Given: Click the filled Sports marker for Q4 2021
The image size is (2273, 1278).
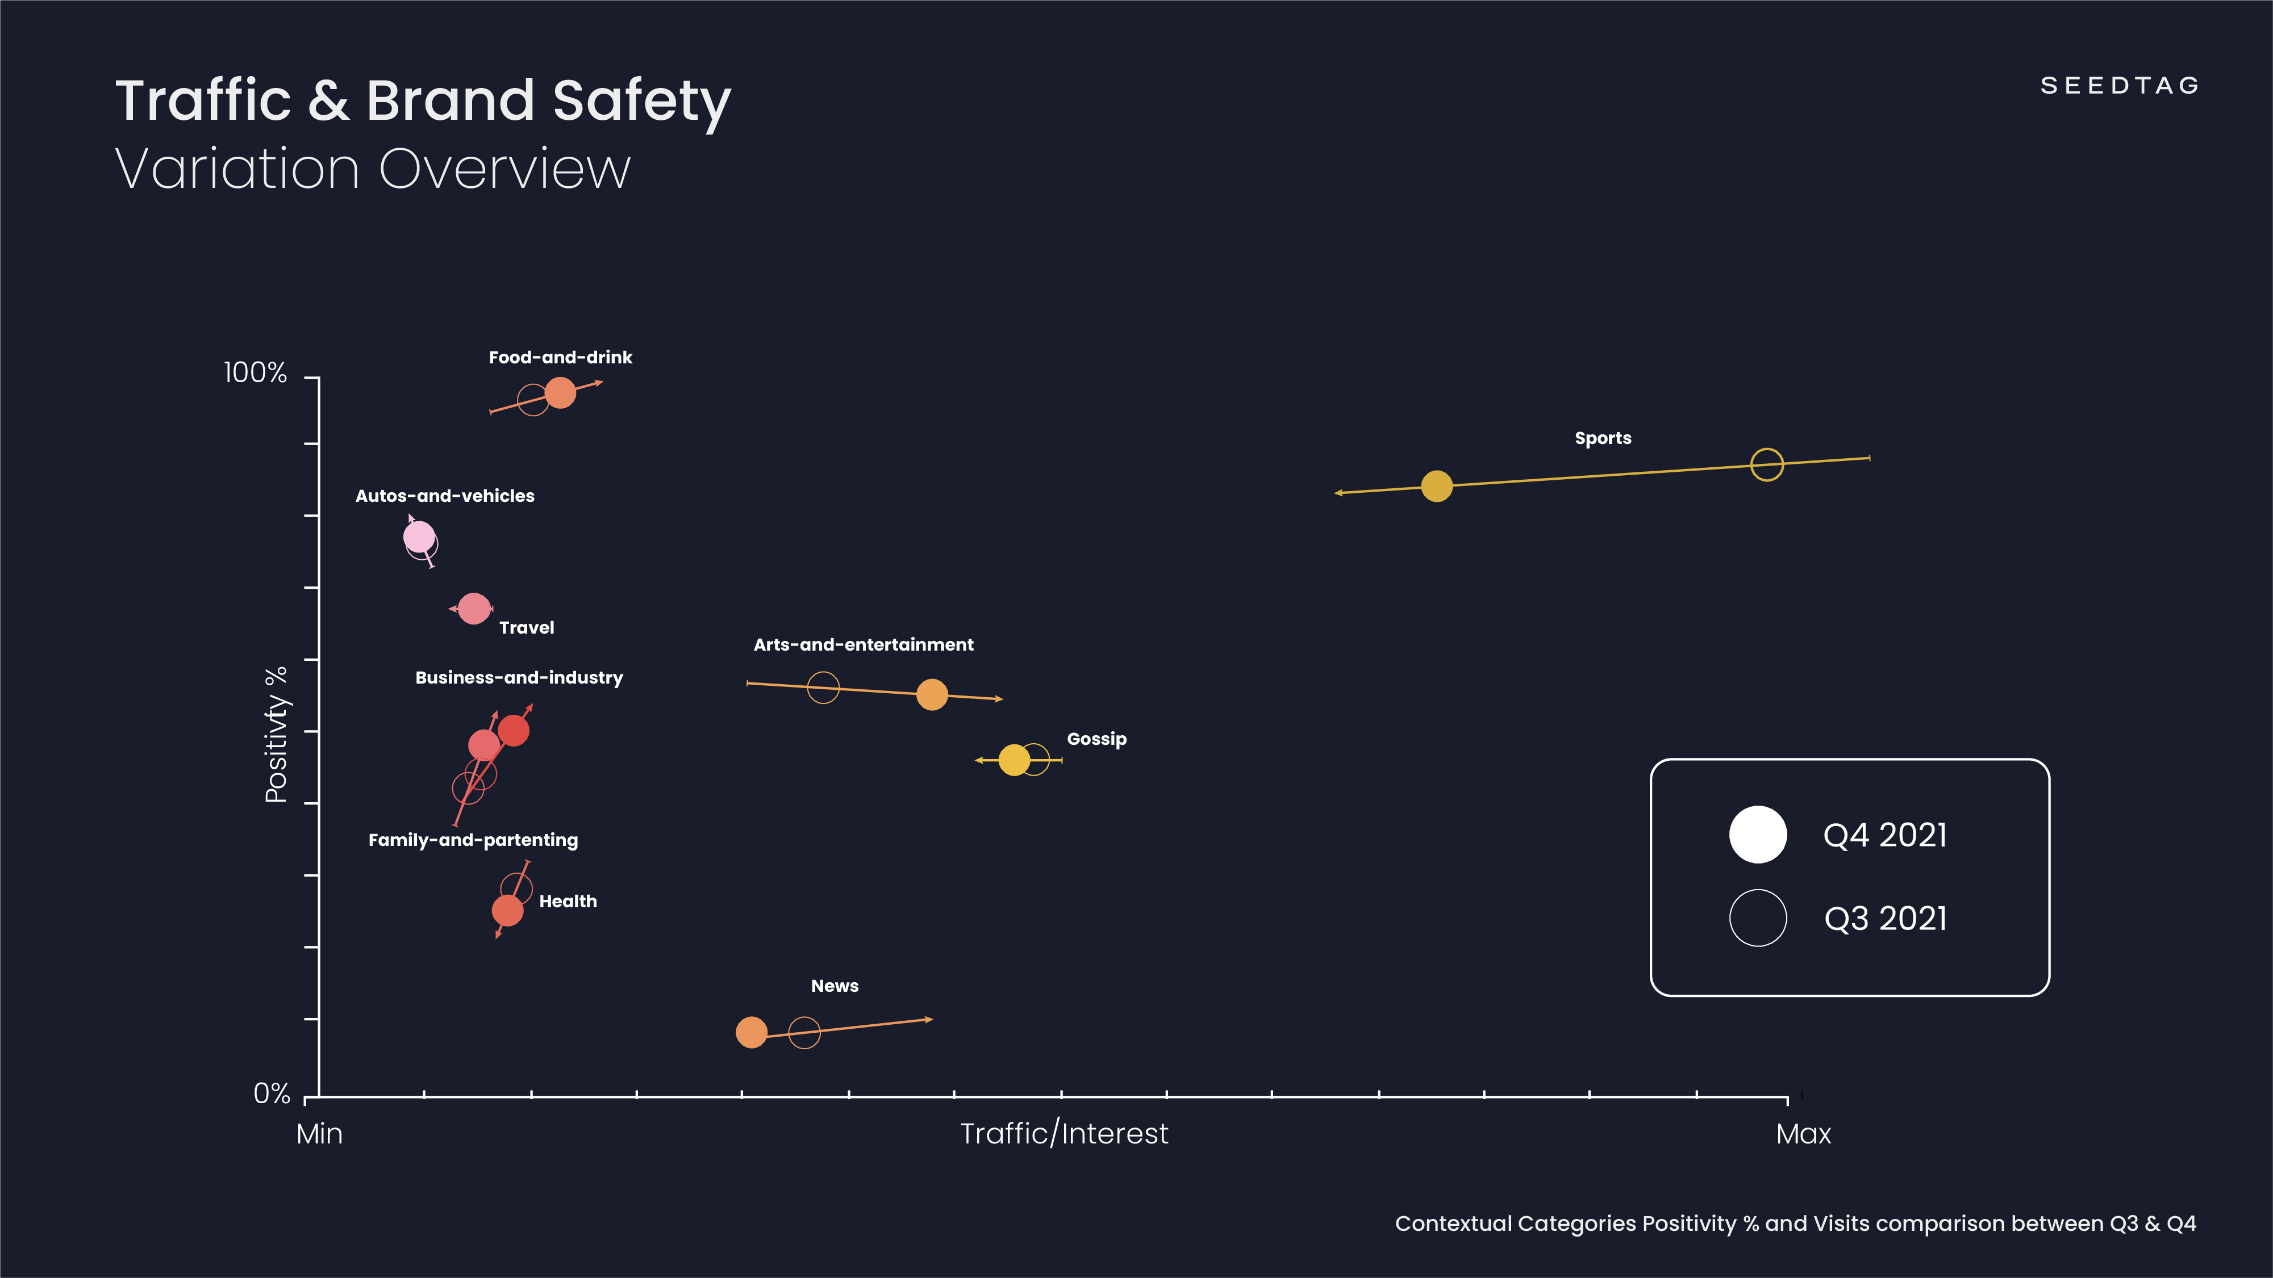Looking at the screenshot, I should pyautogui.click(x=1437, y=486).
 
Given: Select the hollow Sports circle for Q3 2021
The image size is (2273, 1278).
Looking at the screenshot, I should pyautogui.click(x=1766, y=464).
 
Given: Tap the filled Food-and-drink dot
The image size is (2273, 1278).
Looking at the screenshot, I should pyautogui.click(x=560, y=392).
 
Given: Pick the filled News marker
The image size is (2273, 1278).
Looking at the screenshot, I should pyautogui.click(x=751, y=1032).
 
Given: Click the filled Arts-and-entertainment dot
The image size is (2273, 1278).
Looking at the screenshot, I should pyautogui.click(x=932, y=695).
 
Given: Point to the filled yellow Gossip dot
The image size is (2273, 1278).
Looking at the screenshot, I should pyautogui.click(x=1014, y=760).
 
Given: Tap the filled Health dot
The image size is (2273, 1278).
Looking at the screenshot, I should pyautogui.click(x=507, y=910).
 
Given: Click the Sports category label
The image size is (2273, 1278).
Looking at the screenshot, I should pyautogui.click(x=1603, y=438).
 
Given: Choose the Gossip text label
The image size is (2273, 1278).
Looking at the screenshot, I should pyautogui.click(x=1096, y=739).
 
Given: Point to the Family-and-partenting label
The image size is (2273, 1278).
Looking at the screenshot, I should pyautogui.click(x=473, y=840).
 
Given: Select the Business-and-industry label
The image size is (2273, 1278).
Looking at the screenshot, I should pyautogui.click(x=519, y=677).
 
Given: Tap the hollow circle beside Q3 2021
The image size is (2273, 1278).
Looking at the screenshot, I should pyautogui.click(x=1758, y=918).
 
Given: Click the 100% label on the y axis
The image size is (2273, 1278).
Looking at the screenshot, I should pyautogui.click(x=255, y=373).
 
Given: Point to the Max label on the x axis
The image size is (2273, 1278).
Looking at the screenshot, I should pyautogui.click(x=1803, y=1133).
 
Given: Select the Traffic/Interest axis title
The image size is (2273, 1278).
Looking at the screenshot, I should pyautogui.click(x=1063, y=1133).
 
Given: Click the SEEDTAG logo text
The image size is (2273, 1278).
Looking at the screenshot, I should pyautogui.click(x=2120, y=86).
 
